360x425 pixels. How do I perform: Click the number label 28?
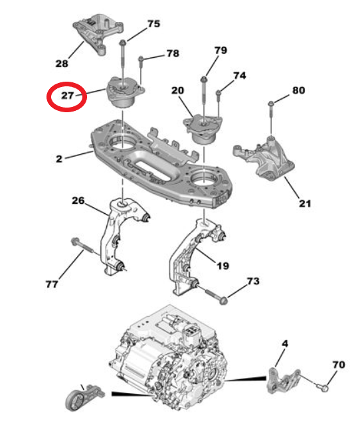click(x=61, y=64)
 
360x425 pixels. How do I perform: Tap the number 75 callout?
click(x=153, y=24)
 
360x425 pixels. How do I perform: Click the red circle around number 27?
click(x=66, y=96)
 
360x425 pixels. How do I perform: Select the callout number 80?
click(x=298, y=90)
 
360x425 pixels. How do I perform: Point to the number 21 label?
click(x=304, y=203)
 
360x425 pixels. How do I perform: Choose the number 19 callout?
click(x=223, y=266)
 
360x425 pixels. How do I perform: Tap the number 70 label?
click(x=338, y=365)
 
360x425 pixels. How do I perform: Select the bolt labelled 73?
click(x=213, y=294)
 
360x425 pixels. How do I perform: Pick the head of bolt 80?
click(x=272, y=104)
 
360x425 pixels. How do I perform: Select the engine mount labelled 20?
click(x=203, y=128)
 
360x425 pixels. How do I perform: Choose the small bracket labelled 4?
click(x=282, y=379)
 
